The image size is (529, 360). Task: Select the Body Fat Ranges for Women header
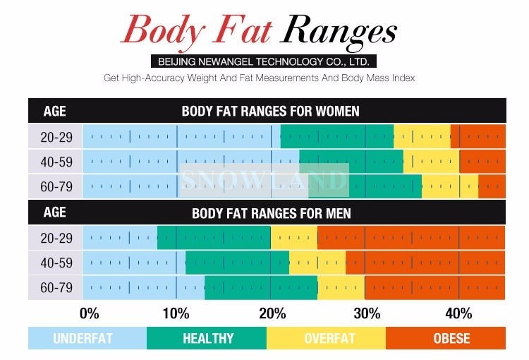(270, 111)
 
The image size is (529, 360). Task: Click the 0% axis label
(90, 313)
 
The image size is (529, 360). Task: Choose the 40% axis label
(459, 313)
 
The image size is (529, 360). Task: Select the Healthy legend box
(207, 338)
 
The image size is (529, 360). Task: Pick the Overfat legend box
(327, 338)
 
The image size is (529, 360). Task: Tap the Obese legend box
(451, 338)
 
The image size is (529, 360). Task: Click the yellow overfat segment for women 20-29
(422, 136)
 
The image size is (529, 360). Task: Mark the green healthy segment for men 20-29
(214, 237)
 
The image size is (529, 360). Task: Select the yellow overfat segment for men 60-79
(341, 288)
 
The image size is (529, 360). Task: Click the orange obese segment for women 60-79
(492, 187)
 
